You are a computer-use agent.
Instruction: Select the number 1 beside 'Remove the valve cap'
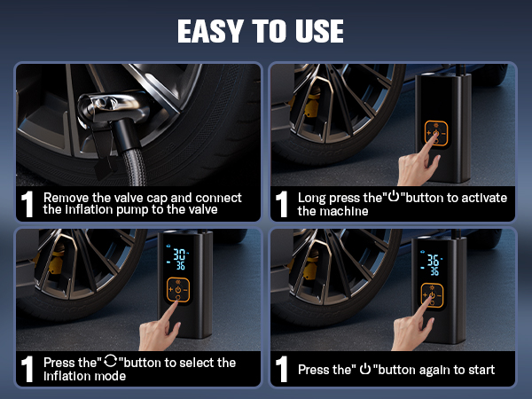click(x=28, y=205)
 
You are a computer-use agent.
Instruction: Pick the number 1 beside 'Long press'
click(x=283, y=205)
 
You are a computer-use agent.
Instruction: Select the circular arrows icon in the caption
click(x=109, y=363)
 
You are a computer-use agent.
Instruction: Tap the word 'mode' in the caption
click(x=118, y=375)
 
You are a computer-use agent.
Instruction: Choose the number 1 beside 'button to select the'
click(x=28, y=369)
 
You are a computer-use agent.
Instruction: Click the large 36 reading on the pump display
click(x=434, y=262)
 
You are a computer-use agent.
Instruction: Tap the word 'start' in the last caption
click(x=478, y=369)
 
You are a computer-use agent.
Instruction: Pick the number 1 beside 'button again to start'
click(x=283, y=369)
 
